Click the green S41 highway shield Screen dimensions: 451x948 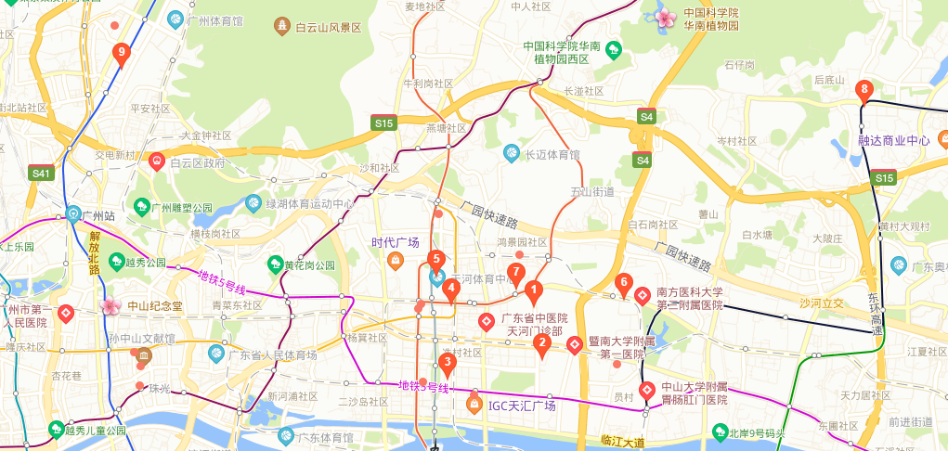(x=41, y=173)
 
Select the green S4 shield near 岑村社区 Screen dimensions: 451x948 (x=643, y=160)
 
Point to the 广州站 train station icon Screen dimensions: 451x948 (x=73, y=213)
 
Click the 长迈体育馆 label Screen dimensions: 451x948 (x=552, y=155)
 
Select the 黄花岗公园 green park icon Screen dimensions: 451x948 (x=275, y=264)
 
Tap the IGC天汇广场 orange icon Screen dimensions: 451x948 (x=473, y=406)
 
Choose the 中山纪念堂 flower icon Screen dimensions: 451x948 (x=110, y=306)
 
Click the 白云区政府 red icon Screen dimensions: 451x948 (x=157, y=161)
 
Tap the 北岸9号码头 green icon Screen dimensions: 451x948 (x=720, y=432)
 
